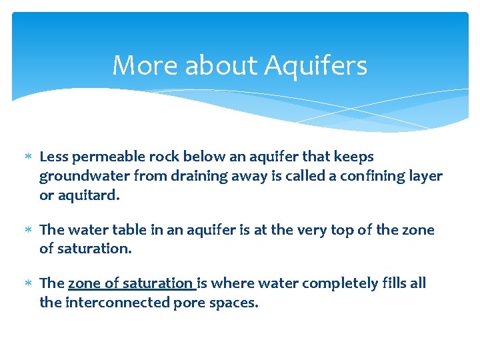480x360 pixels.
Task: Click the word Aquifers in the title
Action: [x=315, y=66]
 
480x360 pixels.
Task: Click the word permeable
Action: [x=107, y=157]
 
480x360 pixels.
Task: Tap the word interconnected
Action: [x=117, y=303]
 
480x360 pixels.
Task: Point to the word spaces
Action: [x=233, y=303]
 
